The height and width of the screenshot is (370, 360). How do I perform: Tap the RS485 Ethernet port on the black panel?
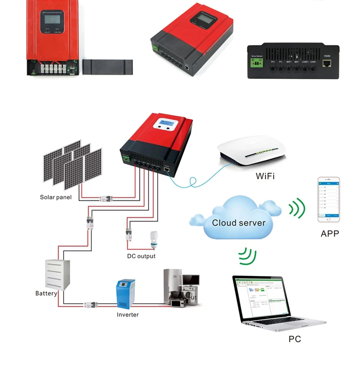tap(327, 64)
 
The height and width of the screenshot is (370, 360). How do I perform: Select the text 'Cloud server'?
tap(238, 223)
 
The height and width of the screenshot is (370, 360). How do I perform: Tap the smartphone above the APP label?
tap(329, 199)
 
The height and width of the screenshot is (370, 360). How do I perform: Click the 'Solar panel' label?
tap(56, 198)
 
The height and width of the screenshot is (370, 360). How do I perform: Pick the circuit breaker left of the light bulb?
tap(129, 236)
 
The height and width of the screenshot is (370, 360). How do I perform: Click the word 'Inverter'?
tap(128, 314)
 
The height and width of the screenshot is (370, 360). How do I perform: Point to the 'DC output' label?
tap(141, 256)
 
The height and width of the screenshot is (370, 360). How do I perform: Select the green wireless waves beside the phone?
tap(297, 208)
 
